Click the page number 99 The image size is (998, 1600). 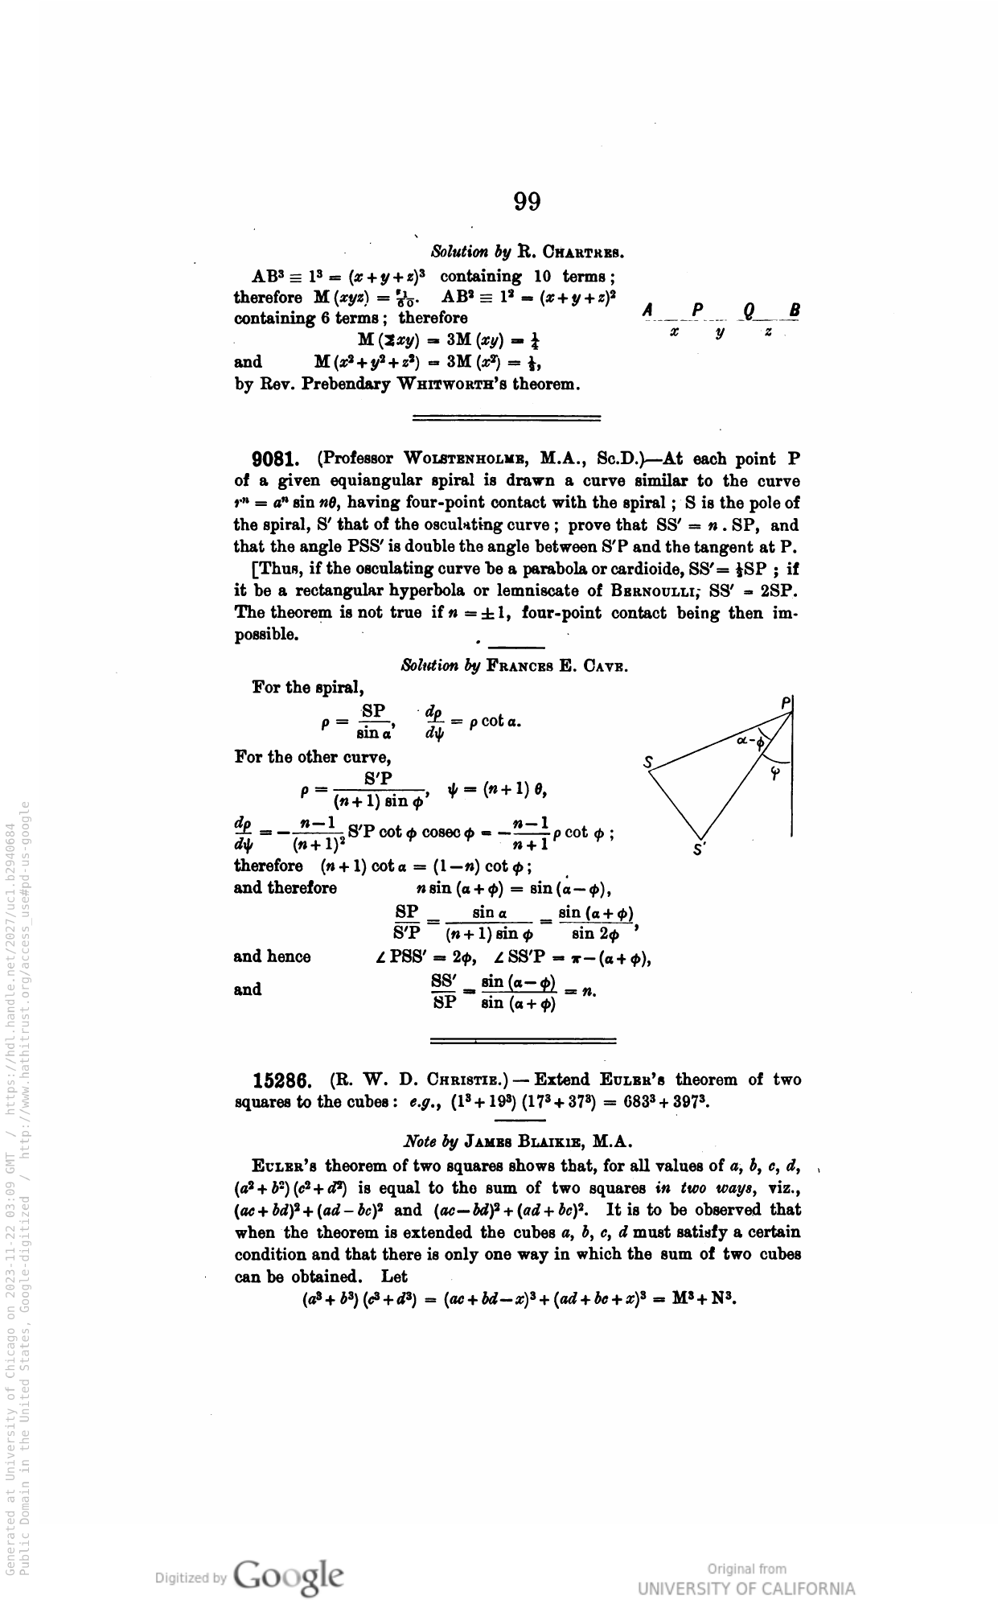pos(527,201)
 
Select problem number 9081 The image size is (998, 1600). pos(276,460)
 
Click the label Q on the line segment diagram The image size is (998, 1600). pos(750,311)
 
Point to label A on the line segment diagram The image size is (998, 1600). pos(648,311)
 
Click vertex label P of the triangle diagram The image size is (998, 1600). pos(786,702)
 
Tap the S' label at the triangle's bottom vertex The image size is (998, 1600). pos(699,849)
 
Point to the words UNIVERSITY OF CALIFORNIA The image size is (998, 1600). pos(746,1588)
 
